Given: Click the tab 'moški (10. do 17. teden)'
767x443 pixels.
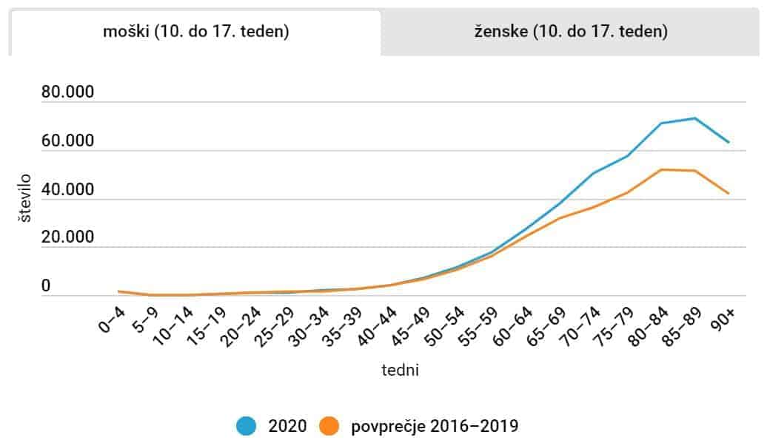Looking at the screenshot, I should tap(195, 32).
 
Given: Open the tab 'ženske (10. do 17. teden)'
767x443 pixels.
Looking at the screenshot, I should tap(571, 32).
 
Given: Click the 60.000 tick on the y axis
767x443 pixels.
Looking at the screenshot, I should tap(69, 141).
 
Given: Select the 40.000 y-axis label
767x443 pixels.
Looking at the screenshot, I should tap(69, 190).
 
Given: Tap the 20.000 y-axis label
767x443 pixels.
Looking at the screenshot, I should tap(69, 238).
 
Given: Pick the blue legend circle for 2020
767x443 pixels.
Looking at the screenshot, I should tap(247, 426).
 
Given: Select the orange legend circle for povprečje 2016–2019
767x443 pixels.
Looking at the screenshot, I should tap(329, 426).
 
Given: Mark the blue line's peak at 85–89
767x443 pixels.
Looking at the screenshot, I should tap(694, 118).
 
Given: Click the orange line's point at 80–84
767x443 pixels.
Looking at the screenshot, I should tap(660, 169).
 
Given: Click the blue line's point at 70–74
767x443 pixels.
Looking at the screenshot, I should tap(592, 173).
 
